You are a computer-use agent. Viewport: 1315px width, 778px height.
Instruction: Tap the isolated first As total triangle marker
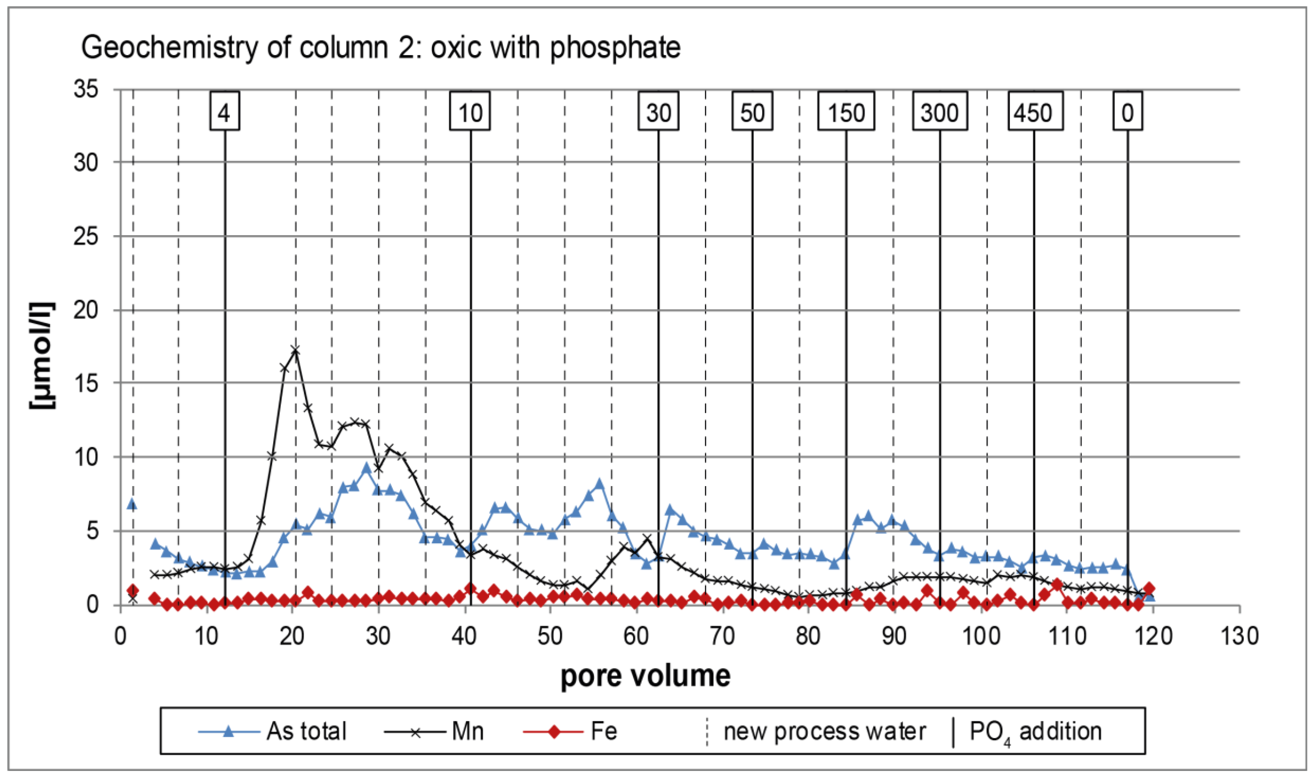pyautogui.click(x=133, y=504)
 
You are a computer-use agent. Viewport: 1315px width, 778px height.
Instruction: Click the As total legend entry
pyautogui.click(x=273, y=731)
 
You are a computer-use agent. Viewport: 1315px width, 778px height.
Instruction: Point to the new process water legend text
pyautogui.click(x=824, y=731)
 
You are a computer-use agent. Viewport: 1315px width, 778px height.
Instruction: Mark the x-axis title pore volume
pyautogui.click(x=645, y=676)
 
